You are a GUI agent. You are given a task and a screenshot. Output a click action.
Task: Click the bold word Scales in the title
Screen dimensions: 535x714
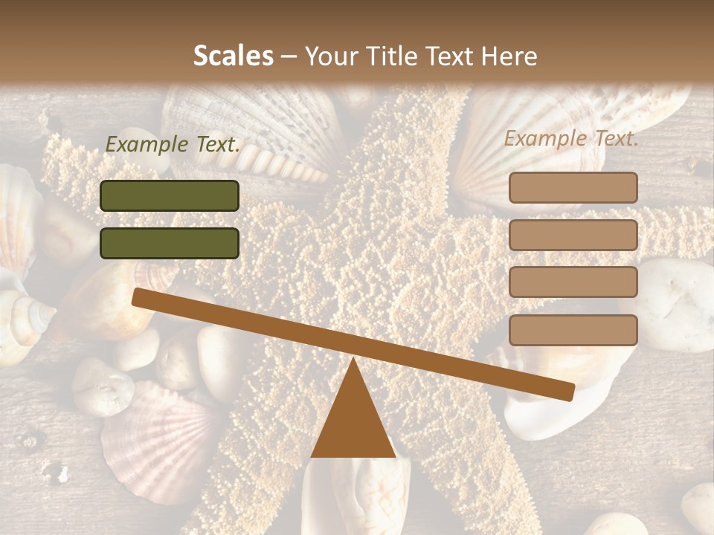pos(234,56)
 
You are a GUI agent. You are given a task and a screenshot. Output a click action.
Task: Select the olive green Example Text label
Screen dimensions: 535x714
pos(173,145)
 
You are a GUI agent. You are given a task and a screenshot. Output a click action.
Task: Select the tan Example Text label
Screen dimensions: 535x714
pos(571,138)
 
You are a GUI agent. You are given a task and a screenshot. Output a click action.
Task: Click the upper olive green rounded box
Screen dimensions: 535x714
pos(170,195)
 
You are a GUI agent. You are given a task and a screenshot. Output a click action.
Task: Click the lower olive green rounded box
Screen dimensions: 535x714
pos(170,243)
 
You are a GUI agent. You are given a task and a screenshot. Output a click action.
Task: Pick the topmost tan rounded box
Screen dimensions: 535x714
pos(573,187)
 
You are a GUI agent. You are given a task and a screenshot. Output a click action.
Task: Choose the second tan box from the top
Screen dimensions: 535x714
pos(573,235)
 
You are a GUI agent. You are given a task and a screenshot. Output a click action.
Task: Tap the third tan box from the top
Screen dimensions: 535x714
pos(573,282)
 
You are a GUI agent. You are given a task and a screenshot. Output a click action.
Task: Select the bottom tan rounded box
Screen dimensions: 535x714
pos(573,330)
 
